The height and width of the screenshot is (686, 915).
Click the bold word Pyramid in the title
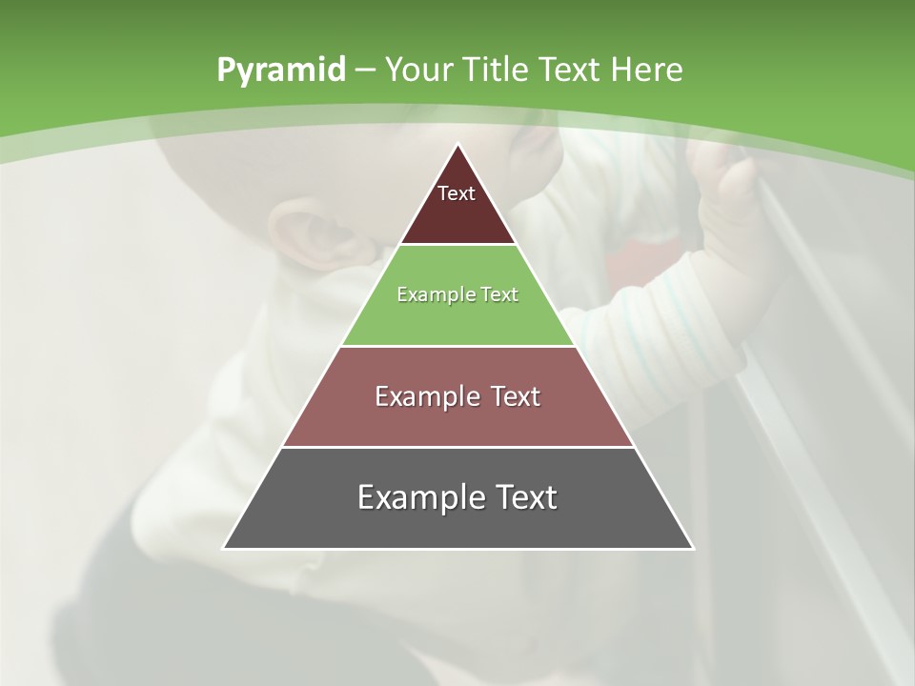(x=280, y=71)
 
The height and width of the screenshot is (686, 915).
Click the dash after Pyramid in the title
(x=364, y=71)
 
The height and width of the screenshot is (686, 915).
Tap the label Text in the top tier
(x=457, y=193)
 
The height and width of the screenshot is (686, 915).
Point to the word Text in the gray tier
(x=522, y=497)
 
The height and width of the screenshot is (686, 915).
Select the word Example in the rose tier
(x=424, y=396)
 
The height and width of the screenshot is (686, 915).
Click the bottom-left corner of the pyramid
(x=224, y=548)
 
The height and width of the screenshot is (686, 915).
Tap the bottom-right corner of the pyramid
(x=692, y=548)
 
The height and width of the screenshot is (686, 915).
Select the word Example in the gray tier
(x=416, y=497)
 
